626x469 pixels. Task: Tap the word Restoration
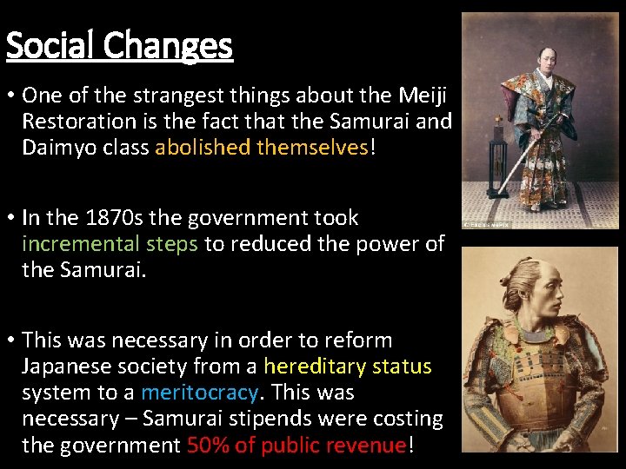click(x=77, y=121)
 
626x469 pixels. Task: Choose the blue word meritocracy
click(x=199, y=393)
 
